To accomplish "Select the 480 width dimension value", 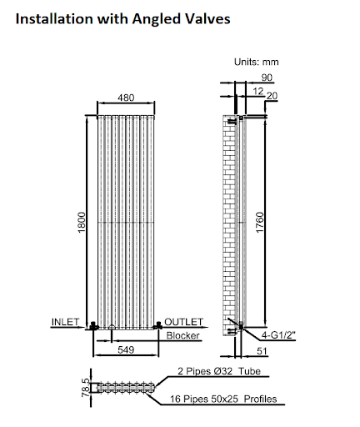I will [126, 98].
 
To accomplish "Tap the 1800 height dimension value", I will [82, 224].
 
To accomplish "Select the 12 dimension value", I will [257, 89].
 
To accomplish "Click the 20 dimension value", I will [272, 96].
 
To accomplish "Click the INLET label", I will [66, 321].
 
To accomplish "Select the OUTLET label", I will [184, 321].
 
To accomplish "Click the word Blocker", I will [182, 335].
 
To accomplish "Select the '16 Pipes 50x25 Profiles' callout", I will [227, 399].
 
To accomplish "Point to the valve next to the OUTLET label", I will [157, 324].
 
